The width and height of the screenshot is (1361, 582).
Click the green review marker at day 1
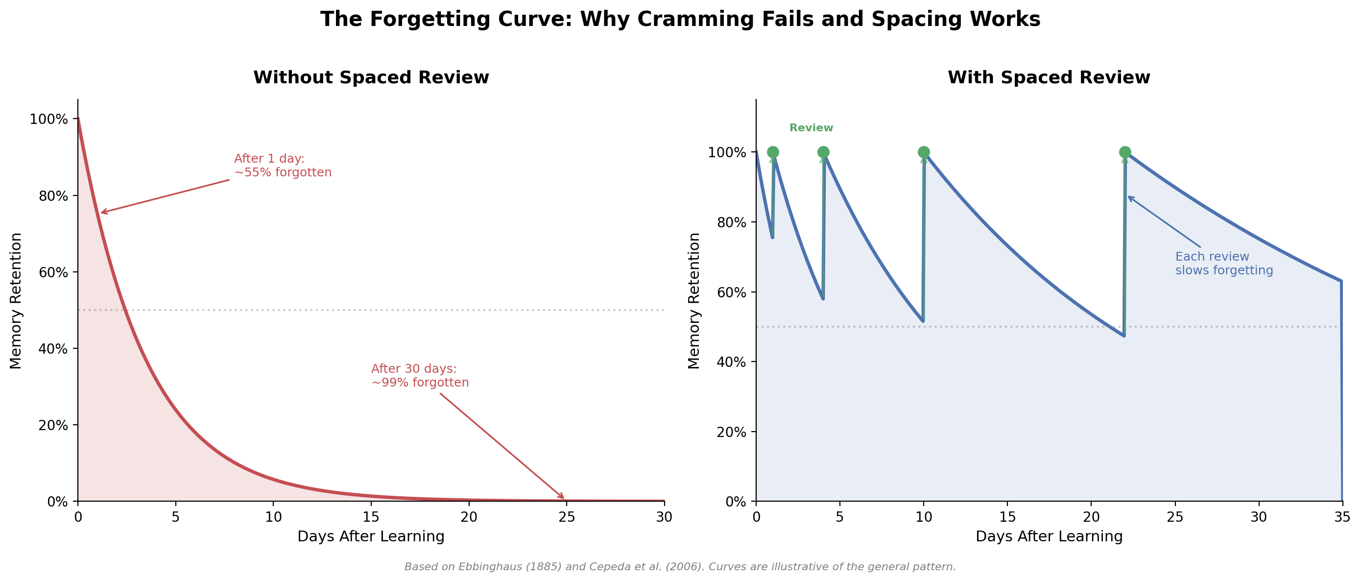pyautogui.click(x=772, y=152)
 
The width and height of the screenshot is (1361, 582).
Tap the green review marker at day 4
pyautogui.click(x=823, y=152)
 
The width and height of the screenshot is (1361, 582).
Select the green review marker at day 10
pyautogui.click(x=924, y=152)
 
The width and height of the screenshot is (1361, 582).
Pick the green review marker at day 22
pyautogui.click(x=1125, y=152)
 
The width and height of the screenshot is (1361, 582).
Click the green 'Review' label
pyautogui.click(x=811, y=128)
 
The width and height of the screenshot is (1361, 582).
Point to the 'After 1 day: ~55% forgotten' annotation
pyautogui.click(x=283, y=166)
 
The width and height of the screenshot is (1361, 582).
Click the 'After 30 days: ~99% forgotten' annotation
pyautogui.click(x=420, y=375)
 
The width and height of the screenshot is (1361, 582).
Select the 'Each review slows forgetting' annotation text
pyautogui.click(x=1224, y=263)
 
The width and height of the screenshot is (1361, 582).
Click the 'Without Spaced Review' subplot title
pyautogui.click(x=371, y=78)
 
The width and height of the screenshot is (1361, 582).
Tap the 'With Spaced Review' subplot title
pyautogui.click(x=1049, y=78)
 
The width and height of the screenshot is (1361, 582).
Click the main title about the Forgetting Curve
pyautogui.click(x=680, y=20)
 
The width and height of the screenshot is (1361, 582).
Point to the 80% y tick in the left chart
pyautogui.click(x=53, y=196)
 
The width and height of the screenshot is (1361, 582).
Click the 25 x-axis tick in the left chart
pyautogui.click(x=566, y=517)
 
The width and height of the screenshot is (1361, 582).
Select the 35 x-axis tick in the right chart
pyautogui.click(x=1342, y=517)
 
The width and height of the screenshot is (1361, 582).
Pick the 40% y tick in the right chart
pyautogui.click(x=731, y=362)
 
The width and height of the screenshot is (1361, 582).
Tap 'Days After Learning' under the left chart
pyautogui.click(x=371, y=536)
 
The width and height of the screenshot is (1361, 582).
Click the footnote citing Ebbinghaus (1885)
pyautogui.click(x=680, y=567)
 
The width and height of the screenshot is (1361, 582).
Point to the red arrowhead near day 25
pyautogui.click(x=563, y=497)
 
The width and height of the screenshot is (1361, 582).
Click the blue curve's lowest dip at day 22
pyautogui.click(x=1124, y=335)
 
